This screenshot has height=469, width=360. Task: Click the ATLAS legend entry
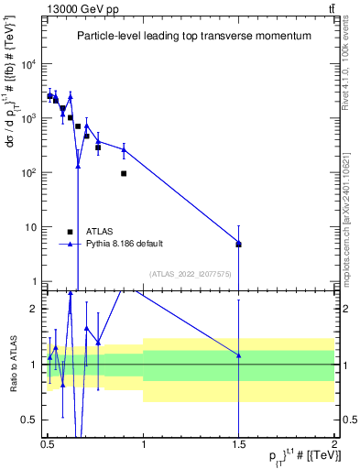[x=97, y=232]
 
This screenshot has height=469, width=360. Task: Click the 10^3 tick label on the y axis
[x=29, y=118]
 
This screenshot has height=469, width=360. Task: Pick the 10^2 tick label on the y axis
[x=29, y=172]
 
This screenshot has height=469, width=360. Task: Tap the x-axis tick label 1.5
[x=238, y=448]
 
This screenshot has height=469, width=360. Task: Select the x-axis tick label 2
[x=333, y=448]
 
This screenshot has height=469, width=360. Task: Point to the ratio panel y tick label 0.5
[x=30, y=420]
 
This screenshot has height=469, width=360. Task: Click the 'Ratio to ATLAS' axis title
[x=11, y=364]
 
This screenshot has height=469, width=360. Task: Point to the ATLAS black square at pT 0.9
[x=124, y=173]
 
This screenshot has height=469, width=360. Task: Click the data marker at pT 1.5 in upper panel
[x=238, y=244]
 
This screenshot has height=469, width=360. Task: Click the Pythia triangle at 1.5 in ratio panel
[x=238, y=355]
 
